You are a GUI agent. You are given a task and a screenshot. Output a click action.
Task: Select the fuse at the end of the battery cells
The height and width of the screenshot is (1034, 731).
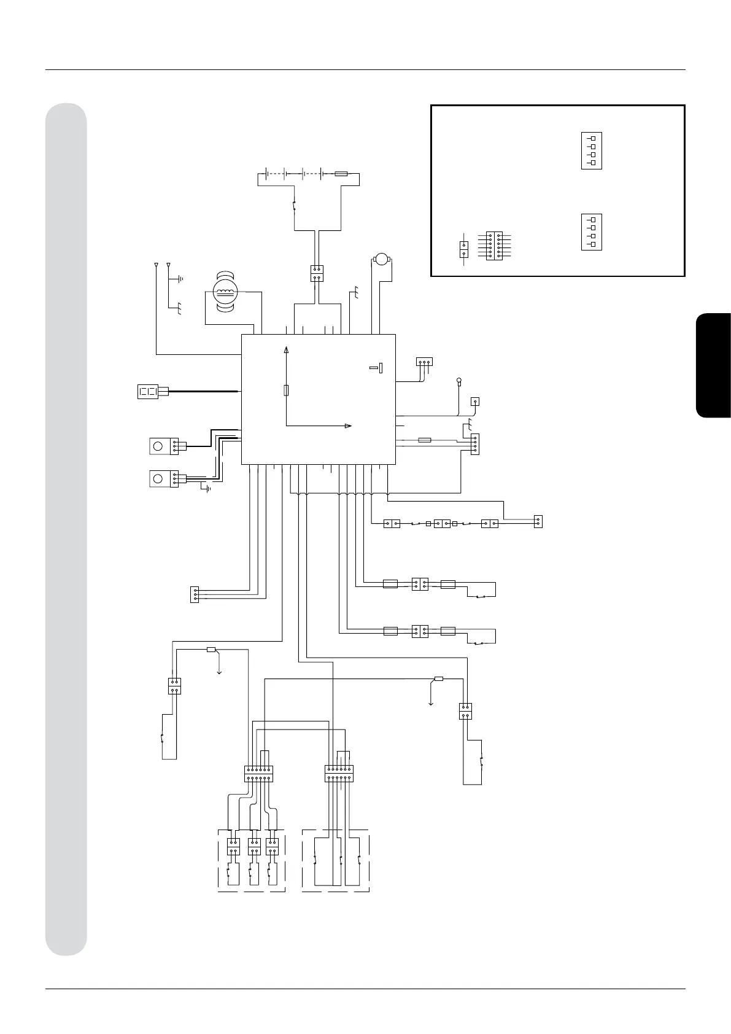click(342, 174)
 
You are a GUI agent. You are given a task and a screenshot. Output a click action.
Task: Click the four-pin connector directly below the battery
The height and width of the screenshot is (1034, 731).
click(317, 273)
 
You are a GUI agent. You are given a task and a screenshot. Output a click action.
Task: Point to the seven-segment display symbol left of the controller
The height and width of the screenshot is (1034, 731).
click(149, 391)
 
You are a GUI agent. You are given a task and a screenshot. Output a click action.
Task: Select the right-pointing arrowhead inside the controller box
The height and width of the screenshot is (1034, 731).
click(347, 426)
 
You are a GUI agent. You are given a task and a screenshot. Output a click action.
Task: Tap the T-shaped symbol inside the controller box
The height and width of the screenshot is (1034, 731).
click(377, 368)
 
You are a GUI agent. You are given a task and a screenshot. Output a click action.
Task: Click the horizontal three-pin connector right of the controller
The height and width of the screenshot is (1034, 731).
click(424, 362)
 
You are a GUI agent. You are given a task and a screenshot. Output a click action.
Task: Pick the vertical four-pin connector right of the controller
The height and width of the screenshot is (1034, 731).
click(474, 444)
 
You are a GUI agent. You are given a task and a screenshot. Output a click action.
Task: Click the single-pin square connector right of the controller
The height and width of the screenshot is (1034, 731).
click(475, 402)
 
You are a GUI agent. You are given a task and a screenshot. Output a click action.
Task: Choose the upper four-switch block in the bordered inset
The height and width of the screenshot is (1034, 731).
click(591, 150)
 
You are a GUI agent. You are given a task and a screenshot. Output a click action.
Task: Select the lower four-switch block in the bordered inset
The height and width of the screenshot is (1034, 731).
click(591, 232)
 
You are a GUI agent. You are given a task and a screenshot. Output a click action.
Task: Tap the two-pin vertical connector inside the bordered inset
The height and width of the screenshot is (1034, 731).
click(464, 249)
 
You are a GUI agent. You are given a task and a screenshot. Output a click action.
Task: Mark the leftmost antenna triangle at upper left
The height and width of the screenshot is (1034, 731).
click(156, 265)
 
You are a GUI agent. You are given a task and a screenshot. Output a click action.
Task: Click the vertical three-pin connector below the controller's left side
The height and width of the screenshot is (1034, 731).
click(195, 594)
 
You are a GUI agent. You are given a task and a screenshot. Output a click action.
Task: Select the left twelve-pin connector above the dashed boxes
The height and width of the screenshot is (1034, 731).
click(258, 773)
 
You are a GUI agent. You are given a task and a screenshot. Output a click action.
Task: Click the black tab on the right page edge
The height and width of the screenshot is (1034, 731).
click(713, 366)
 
